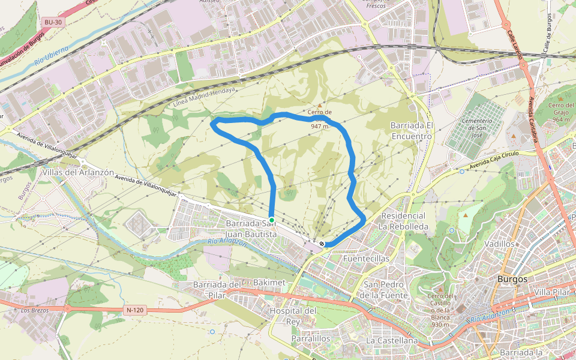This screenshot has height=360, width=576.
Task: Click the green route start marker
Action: [x=272, y=220]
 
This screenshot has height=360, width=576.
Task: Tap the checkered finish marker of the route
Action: [x=322, y=244]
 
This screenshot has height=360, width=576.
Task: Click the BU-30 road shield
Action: [x=53, y=22]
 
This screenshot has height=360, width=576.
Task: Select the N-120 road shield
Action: [x=135, y=310]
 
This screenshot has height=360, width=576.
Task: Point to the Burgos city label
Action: [x=512, y=279]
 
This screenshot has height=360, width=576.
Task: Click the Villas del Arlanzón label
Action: [x=78, y=172]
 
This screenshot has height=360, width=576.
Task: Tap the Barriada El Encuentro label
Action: [x=411, y=131]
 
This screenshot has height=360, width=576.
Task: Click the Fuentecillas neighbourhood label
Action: [x=366, y=259]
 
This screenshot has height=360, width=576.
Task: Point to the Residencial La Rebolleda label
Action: [x=403, y=221]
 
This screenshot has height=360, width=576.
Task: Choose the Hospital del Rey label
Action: [x=293, y=316]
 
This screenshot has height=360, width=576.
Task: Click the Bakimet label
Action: [x=269, y=282]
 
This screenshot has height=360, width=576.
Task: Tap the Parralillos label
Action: [x=311, y=338]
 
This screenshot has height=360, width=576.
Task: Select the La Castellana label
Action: [x=392, y=340]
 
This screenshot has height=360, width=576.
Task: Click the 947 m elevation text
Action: [x=320, y=127]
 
